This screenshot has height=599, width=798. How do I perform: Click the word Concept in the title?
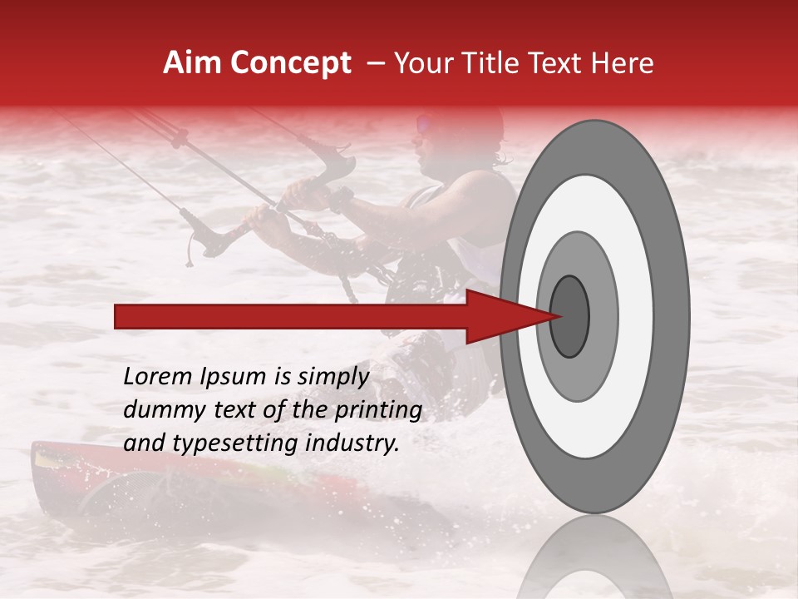(291, 63)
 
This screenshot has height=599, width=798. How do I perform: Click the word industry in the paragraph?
(352, 443)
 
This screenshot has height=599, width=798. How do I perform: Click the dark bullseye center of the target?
(570, 316)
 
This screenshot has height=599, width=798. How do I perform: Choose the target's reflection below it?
(594, 557)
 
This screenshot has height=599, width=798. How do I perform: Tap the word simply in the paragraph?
(332, 377)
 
